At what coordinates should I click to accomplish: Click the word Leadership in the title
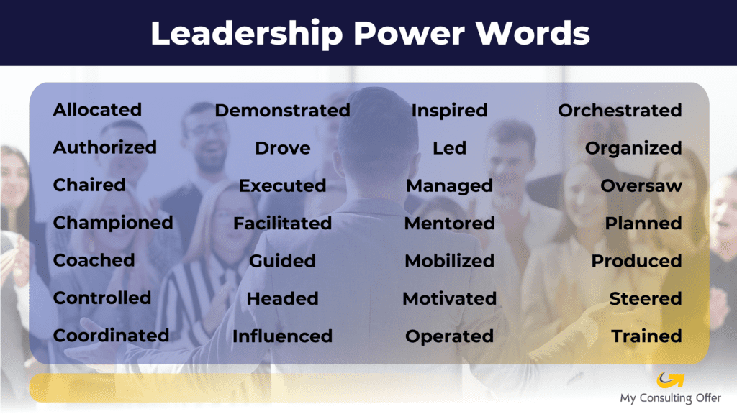click(247, 34)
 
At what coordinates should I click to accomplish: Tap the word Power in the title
click(409, 34)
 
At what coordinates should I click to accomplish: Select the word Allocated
click(97, 110)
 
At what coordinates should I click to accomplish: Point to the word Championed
click(113, 223)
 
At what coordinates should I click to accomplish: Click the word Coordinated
click(111, 336)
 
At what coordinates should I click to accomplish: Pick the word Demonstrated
click(282, 111)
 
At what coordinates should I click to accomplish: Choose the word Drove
click(282, 148)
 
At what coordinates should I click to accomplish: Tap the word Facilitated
click(282, 224)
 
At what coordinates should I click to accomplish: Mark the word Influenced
click(282, 336)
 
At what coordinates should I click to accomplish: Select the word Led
click(449, 148)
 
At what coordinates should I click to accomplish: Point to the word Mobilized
click(449, 261)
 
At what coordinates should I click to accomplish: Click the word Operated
click(449, 336)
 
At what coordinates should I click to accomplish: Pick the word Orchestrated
click(620, 111)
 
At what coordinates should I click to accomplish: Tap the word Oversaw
click(641, 186)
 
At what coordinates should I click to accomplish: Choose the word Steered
click(646, 298)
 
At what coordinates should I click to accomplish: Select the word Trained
click(647, 336)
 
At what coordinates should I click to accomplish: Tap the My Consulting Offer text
click(670, 398)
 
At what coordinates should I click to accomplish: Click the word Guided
click(282, 261)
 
